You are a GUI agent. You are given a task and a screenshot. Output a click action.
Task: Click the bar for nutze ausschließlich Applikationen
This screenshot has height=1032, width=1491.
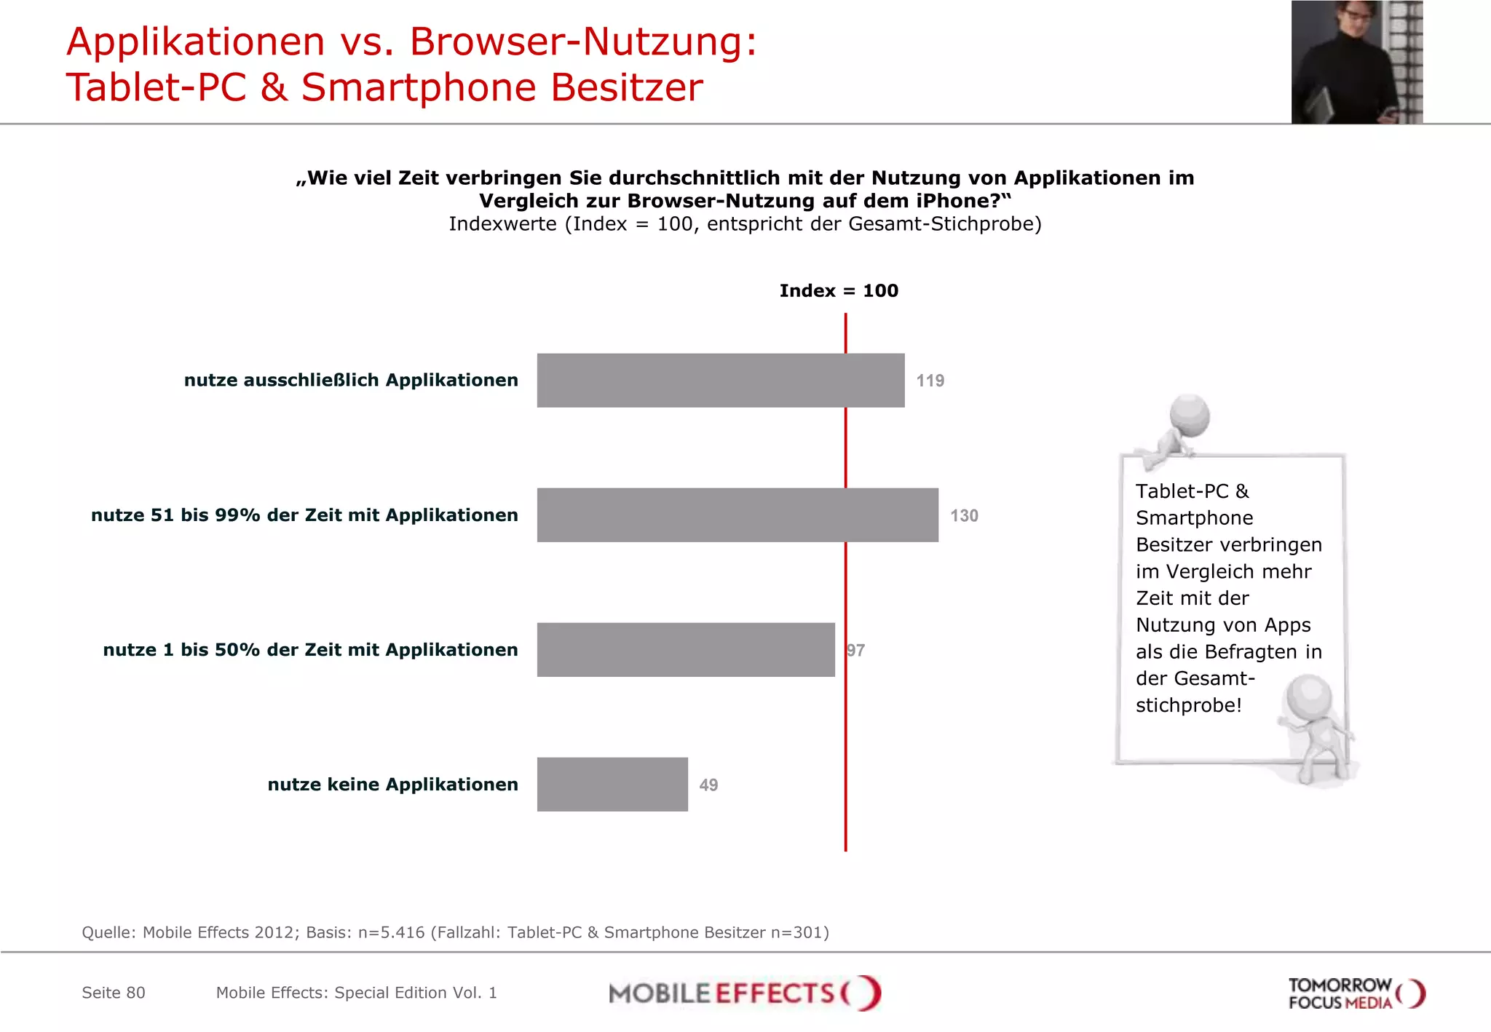coord(721,381)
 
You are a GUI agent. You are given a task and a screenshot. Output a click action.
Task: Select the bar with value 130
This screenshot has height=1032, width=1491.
coord(737,515)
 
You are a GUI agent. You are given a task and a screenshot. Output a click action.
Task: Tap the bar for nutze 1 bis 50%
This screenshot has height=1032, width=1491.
coord(686,650)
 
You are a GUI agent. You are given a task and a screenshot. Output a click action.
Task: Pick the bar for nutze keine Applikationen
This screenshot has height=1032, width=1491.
coord(612,785)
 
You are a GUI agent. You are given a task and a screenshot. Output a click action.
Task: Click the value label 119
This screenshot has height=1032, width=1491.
coord(930,381)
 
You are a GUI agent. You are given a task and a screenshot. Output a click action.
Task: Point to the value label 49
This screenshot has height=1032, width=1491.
coord(708,785)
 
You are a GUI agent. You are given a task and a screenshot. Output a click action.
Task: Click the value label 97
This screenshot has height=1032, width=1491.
coord(856,651)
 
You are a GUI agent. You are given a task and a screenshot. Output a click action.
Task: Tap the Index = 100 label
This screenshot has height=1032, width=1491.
coord(839,291)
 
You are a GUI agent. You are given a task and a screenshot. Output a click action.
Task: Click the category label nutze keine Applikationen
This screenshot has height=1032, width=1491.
coord(392,785)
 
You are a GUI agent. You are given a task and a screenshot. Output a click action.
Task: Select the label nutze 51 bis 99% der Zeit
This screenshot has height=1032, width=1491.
coord(304,515)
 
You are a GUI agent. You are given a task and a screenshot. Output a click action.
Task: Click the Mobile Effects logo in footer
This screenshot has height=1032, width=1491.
coord(745,993)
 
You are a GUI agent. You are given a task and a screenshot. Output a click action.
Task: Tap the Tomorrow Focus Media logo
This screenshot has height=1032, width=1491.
coord(1356,993)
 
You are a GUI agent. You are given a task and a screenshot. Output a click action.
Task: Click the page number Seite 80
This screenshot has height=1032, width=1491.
coord(114,993)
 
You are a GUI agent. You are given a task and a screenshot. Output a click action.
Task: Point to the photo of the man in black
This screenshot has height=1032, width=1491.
coord(1356,62)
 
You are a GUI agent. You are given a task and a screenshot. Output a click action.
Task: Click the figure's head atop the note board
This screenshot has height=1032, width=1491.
coord(1190,415)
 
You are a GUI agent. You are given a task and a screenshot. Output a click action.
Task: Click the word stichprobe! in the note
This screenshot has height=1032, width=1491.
coord(1188,705)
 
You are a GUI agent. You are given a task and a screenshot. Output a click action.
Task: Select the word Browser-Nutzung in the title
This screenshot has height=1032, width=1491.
coord(583,41)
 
